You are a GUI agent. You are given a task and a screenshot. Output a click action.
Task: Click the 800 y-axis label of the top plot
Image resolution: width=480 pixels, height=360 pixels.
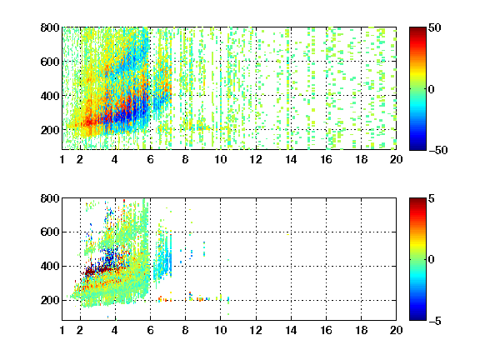point(50,27)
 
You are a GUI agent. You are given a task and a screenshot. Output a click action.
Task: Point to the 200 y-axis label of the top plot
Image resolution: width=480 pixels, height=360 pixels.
point(50,130)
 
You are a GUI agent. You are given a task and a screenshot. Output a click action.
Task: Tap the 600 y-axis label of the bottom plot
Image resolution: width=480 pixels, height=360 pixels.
point(50,232)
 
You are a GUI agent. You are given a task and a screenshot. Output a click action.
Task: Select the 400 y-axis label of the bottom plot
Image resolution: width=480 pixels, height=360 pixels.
point(50,266)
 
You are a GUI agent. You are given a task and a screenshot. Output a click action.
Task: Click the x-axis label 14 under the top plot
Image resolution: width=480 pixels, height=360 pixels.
point(291,159)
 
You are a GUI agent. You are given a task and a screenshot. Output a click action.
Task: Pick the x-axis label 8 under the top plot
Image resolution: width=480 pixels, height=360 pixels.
point(185,159)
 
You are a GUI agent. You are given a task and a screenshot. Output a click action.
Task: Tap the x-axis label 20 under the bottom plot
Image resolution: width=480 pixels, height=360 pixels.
point(396,330)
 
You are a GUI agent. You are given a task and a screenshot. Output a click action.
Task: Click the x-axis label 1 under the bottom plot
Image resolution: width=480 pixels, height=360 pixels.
point(62,330)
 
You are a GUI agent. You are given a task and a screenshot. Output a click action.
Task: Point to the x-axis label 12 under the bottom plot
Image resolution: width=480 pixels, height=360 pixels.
point(256,330)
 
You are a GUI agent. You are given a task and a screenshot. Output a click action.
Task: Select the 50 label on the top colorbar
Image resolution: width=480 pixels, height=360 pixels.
point(435,27)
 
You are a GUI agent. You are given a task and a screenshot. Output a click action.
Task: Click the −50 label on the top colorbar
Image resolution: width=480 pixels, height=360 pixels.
point(438,150)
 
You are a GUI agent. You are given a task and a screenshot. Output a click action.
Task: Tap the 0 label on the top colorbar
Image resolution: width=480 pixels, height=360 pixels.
point(432,89)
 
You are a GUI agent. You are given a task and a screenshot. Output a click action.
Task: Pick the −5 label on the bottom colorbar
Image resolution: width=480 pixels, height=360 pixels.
point(435,321)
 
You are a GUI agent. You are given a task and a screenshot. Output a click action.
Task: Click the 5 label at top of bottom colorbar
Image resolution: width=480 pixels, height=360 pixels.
point(432,198)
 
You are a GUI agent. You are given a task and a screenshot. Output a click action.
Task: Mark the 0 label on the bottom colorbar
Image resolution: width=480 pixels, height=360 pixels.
point(432,259)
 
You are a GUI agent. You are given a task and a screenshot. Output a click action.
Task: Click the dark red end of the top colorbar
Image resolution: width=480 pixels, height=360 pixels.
point(417,30)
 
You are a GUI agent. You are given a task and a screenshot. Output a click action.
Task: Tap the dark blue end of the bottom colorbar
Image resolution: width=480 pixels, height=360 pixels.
point(417,317)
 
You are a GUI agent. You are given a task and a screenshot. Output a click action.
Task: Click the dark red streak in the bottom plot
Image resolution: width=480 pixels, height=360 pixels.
point(97,271)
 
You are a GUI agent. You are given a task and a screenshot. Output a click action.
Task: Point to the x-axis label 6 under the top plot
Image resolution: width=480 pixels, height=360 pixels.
point(150,159)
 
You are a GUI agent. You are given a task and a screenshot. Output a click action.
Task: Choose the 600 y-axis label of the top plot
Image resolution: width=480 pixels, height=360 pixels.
point(50,62)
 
